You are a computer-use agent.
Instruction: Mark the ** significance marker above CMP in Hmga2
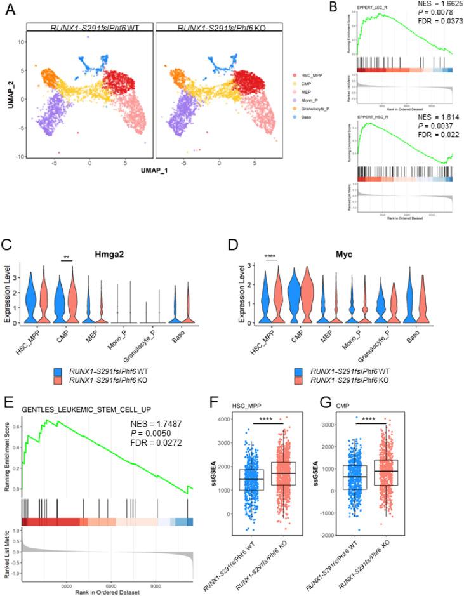(x=66, y=258)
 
